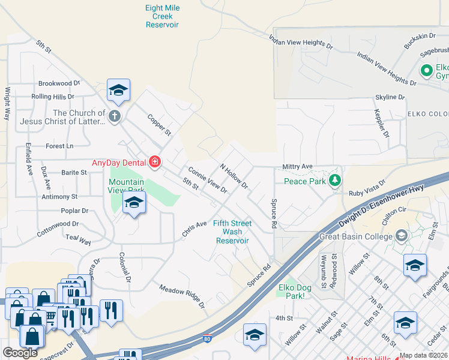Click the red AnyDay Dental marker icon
click(155, 162)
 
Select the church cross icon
click(115, 115)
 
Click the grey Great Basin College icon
click(401, 236)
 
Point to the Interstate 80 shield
click(207, 339)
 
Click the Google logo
click(20, 353)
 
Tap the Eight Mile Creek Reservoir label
click(162, 16)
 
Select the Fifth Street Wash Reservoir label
click(232, 232)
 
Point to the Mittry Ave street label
click(298, 166)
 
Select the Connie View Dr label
click(207, 179)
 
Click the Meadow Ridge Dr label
click(182, 296)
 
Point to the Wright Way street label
click(8, 104)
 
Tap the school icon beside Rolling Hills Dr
click(119, 91)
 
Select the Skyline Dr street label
click(390, 97)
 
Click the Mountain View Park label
click(127, 186)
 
